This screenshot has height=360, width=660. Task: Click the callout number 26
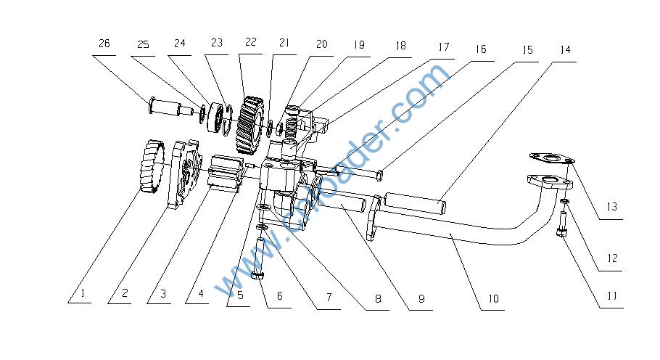pos(104,44)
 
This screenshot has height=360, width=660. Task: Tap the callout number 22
pos(251,42)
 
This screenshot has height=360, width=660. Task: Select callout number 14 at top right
pos(564,50)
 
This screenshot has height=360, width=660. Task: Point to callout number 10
pos(492,298)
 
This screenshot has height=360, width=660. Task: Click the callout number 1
pos(83,294)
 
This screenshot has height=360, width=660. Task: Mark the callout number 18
pos(400,45)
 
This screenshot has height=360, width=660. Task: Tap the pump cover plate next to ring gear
pos(184,174)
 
